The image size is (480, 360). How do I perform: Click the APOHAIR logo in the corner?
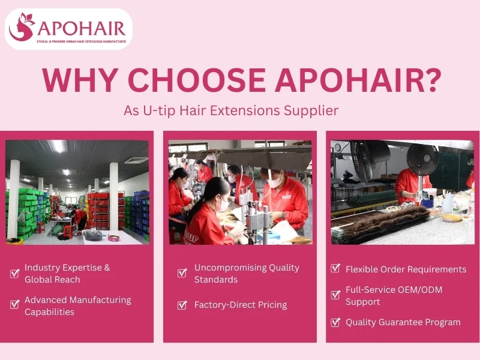[68, 28]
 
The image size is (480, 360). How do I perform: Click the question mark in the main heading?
[427, 80]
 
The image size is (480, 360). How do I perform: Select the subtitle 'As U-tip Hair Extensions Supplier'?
[231, 111]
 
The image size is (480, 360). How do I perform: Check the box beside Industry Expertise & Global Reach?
[15, 274]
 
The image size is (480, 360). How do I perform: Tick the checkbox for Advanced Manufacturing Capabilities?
[15, 304]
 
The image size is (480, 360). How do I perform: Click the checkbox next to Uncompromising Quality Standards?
[182, 274]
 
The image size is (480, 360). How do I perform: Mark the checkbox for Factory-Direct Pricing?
[182, 305]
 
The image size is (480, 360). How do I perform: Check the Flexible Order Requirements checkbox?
[335, 269]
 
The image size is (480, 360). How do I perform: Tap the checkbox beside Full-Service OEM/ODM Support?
[335, 295]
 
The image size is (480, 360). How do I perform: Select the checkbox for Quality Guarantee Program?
[335, 322]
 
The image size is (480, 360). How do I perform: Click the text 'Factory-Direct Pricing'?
[241, 305]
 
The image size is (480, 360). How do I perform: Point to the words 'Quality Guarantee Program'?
[403, 322]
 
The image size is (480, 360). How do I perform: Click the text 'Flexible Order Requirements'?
[406, 269]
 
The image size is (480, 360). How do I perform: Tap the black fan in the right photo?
[422, 159]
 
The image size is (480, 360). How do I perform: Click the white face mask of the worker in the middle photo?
[274, 181]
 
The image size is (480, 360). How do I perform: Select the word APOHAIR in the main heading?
[341, 80]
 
